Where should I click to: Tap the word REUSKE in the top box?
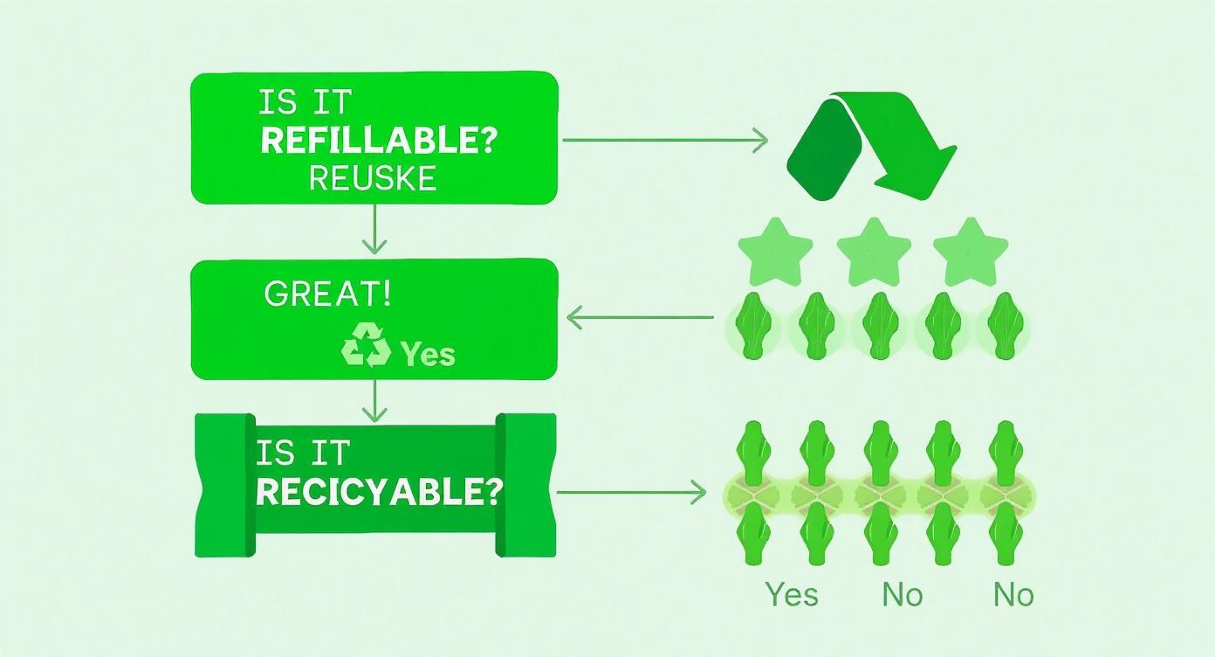click(x=373, y=178)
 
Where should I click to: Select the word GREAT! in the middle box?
click(x=327, y=294)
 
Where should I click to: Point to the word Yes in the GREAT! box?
click(x=428, y=354)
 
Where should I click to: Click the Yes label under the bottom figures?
click(x=793, y=595)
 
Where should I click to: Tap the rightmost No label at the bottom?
click(x=1013, y=595)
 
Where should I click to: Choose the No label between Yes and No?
click(x=903, y=595)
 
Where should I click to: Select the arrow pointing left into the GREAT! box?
click(x=641, y=317)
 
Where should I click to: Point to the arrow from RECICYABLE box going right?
click(x=630, y=494)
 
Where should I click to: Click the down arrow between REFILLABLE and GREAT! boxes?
click(x=374, y=229)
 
